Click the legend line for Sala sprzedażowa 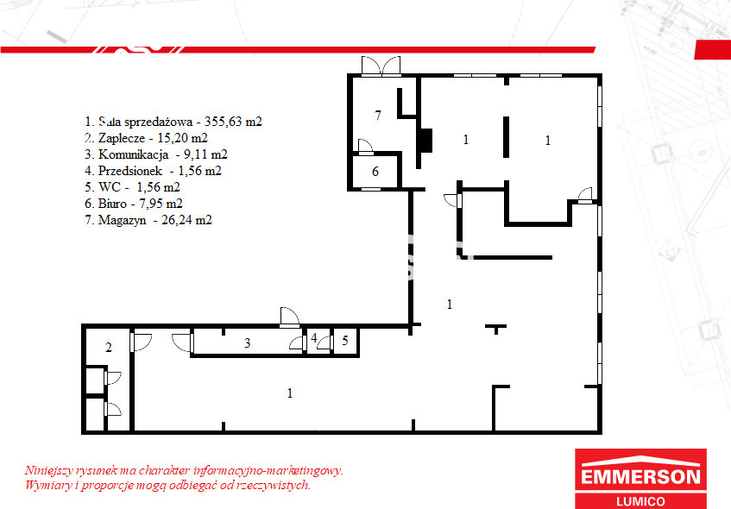click(x=173, y=122)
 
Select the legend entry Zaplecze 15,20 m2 click(x=146, y=138)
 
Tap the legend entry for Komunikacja click(x=156, y=154)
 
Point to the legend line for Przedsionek click(x=153, y=171)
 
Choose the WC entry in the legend click(x=132, y=187)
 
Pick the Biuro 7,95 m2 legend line click(x=133, y=204)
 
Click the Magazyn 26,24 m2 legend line click(x=148, y=219)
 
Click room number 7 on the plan click(x=378, y=115)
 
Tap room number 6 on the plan click(x=375, y=172)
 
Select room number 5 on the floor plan click(x=345, y=340)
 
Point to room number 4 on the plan click(x=314, y=338)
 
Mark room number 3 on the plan click(x=248, y=343)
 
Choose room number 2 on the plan click(x=109, y=348)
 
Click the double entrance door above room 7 click(x=381, y=66)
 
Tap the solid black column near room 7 click(x=425, y=141)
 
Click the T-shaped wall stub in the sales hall click(x=496, y=328)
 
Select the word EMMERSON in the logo click(x=640, y=477)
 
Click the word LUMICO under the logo click(x=640, y=501)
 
